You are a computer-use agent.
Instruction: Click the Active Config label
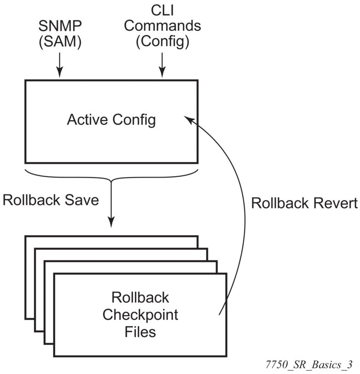point(111,120)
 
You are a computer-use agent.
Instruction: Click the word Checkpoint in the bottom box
point(140,316)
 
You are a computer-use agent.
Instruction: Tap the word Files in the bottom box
point(140,332)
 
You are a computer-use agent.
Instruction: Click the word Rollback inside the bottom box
point(140,298)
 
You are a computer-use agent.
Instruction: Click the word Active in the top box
point(87,120)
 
